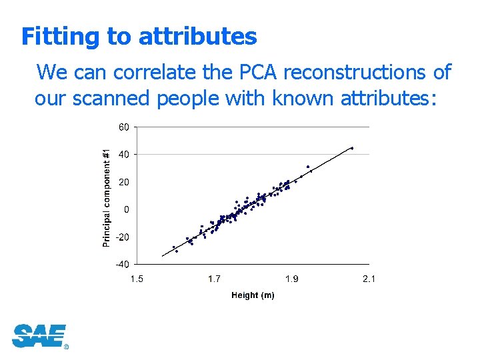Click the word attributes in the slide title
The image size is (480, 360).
coord(197,37)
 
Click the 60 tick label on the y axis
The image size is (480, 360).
coord(125,127)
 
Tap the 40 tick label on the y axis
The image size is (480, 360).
coord(125,154)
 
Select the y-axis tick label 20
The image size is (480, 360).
coord(125,182)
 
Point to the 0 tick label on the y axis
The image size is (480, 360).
coord(127,209)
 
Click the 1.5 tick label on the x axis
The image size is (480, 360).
coord(136,279)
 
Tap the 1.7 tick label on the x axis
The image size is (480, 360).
coord(214,279)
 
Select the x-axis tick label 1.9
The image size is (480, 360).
coord(291,279)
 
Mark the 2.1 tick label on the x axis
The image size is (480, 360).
coord(369,279)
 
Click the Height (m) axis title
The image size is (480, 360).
coord(253,295)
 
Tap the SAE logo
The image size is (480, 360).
coord(39,336)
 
